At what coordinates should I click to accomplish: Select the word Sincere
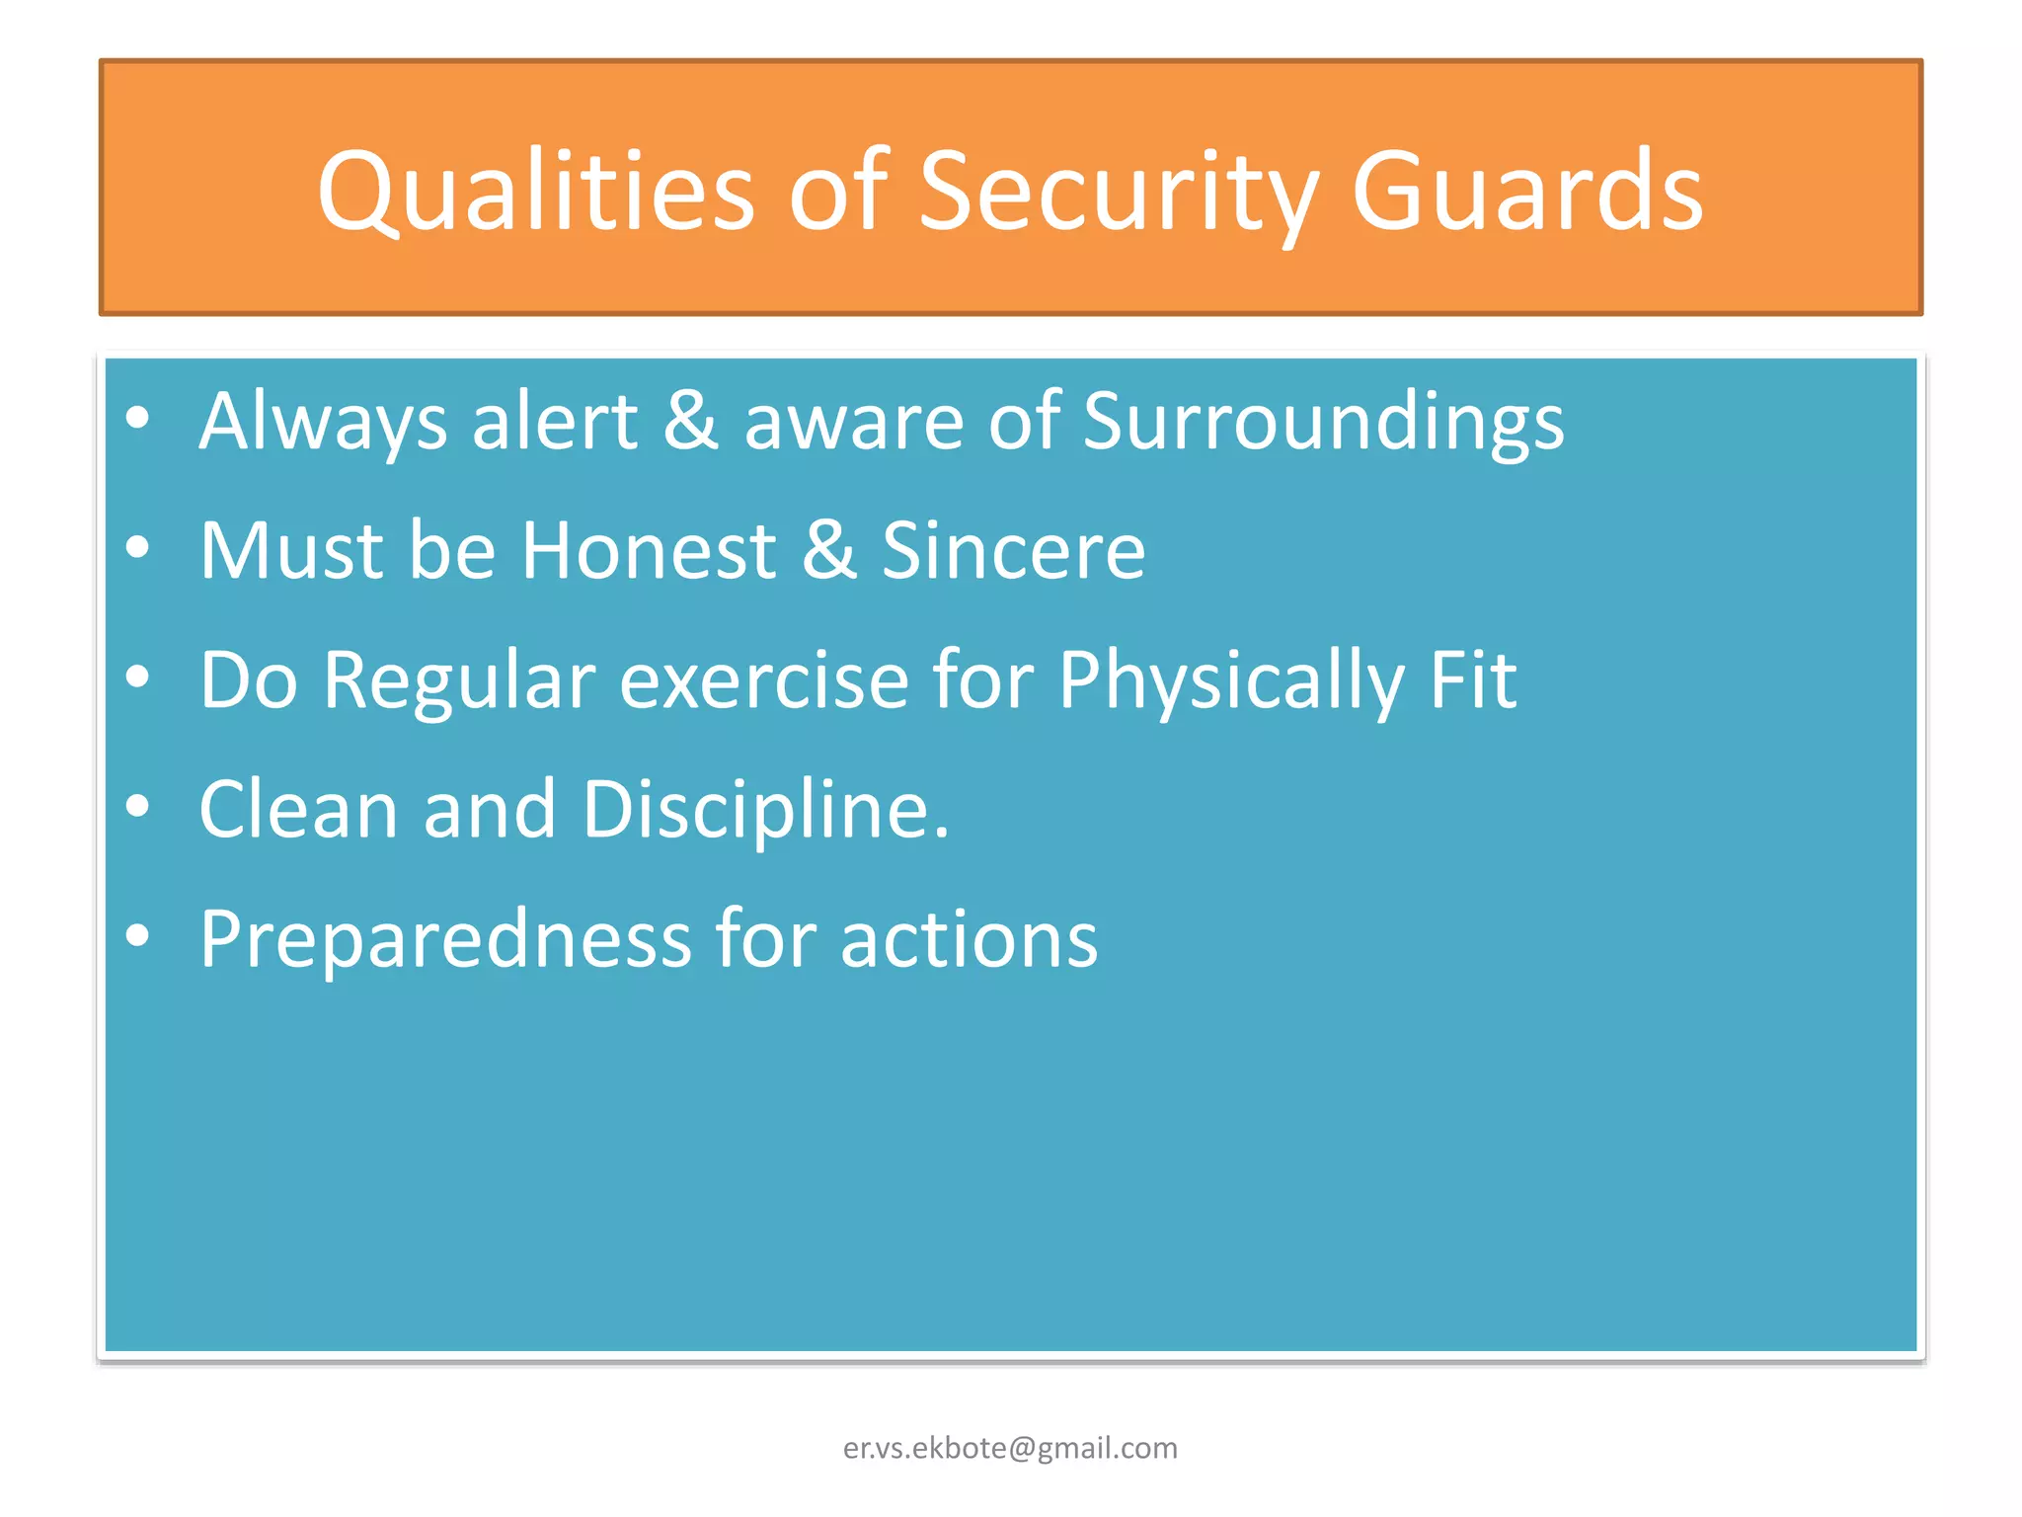tap(1013, 550)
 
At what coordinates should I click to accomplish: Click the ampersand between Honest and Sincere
tap(828, 550)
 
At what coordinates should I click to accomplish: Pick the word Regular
tap(458, 680)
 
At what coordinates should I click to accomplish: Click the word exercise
tap(763, 680)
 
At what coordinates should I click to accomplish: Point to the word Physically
tap(1230, 680)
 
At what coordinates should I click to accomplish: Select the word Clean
tap(298, 810)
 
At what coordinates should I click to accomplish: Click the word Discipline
tap(765, 810)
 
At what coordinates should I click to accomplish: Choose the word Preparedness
tap(445, 939)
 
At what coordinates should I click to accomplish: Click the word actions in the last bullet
tap(969, 939)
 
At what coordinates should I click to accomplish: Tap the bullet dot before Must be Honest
tap(138, 546)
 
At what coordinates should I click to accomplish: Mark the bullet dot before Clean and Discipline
tap(138, 806)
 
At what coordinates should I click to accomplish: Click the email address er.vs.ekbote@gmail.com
tap(1010, 1448)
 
